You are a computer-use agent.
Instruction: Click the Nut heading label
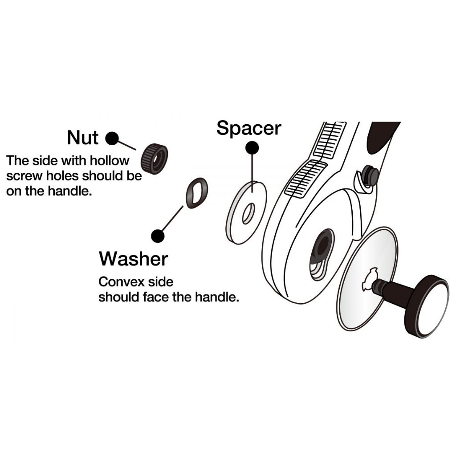(82, 138)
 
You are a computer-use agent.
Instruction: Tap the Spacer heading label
(248, 128)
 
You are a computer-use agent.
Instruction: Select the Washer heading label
(133, 258)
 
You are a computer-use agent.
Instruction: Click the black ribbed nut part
(154, 159)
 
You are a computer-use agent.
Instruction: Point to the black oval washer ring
(196, 193)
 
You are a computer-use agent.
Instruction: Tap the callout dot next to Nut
(112, 138)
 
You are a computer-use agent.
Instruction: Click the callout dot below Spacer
(252, 148)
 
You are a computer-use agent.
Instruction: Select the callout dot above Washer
(157, 236)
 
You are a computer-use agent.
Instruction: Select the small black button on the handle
(370, 174)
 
